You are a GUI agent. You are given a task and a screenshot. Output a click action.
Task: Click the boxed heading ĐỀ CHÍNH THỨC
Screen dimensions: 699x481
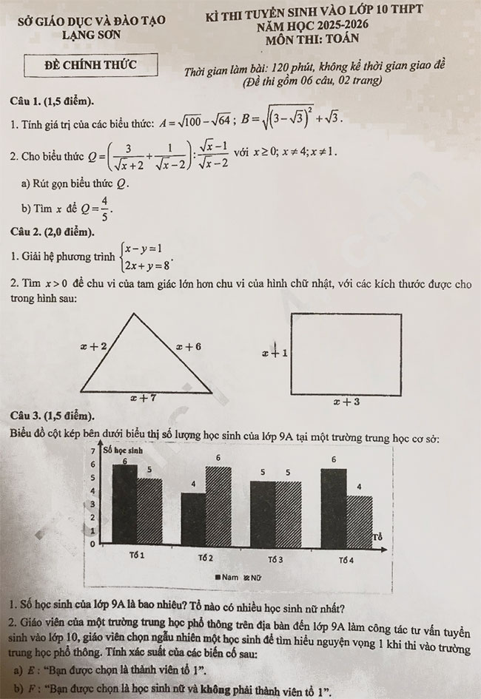(x=91, y=66)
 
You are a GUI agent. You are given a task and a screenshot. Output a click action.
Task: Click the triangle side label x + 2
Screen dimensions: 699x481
(x=93, y=345)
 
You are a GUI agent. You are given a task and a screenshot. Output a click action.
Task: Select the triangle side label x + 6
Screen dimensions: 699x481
(x=188, y=345)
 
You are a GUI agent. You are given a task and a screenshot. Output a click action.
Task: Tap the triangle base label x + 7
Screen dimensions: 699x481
(x=142, y=398)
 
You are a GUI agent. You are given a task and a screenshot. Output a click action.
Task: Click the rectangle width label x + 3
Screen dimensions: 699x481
(x=346, y=402)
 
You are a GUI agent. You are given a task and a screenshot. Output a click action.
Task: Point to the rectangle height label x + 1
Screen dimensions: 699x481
(x=275, y=354)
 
